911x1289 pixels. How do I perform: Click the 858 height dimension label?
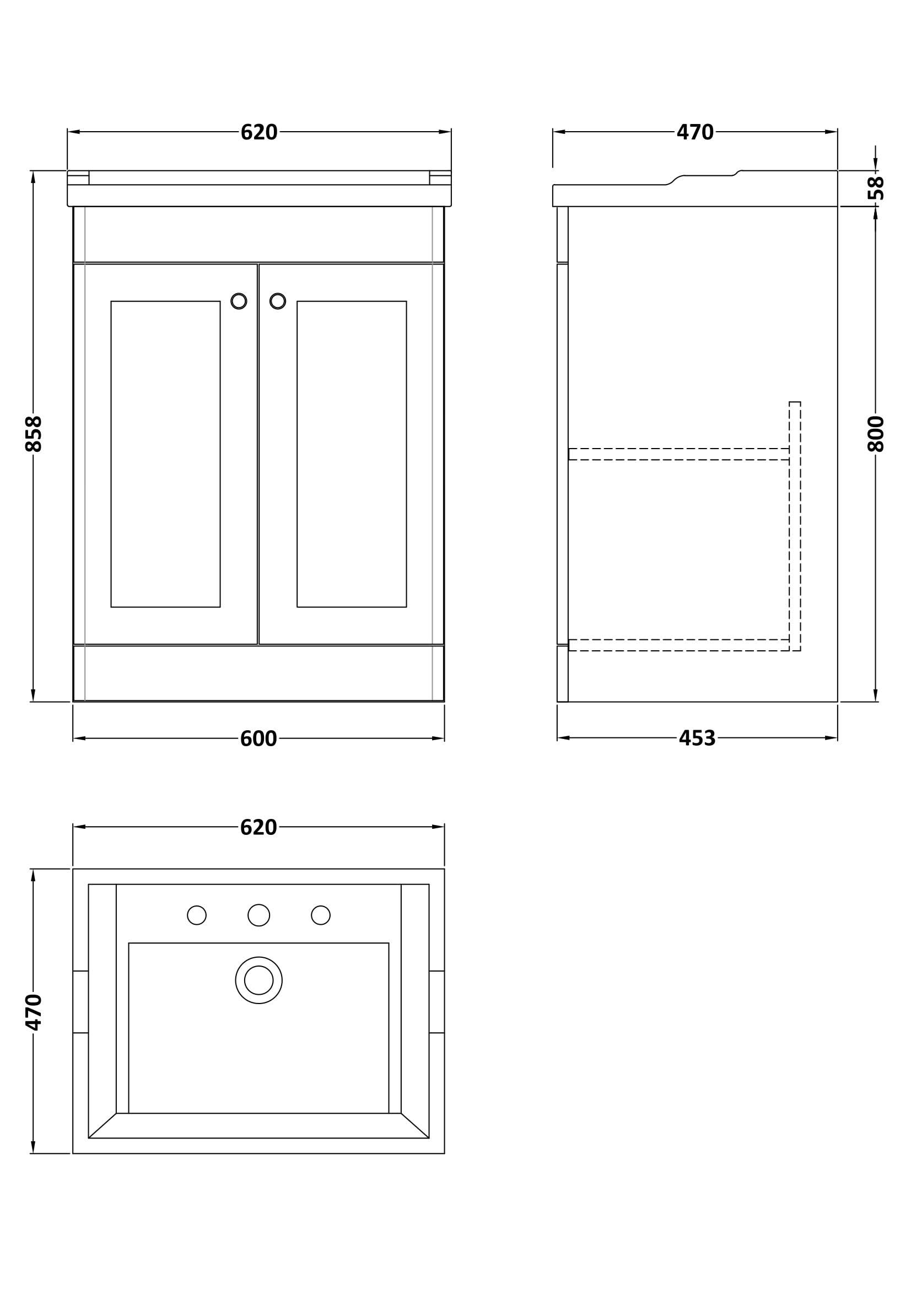coord(34,434)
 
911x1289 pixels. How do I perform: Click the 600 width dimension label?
coord(259,739)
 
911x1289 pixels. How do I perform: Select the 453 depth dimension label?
coord(697,738)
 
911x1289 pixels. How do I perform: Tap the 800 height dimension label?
coord(876,434)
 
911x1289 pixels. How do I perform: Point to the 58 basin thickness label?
coord(876,188)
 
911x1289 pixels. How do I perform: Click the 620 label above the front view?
coord(259,132)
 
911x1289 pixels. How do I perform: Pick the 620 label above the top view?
coord(259,828)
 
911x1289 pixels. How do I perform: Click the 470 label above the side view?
coord(695,132)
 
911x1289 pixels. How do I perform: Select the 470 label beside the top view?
coord(34,1012)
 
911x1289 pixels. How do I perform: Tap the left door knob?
coord(239,301)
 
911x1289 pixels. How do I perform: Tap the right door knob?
coord(278,301)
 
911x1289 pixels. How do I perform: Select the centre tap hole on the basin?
coord(259,915)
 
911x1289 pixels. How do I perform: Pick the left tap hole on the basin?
coord(196,915)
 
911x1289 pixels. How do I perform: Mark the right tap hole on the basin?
coord(321,915)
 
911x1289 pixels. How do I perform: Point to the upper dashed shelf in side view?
coord(678,454)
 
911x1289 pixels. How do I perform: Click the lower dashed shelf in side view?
coord(678,645)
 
